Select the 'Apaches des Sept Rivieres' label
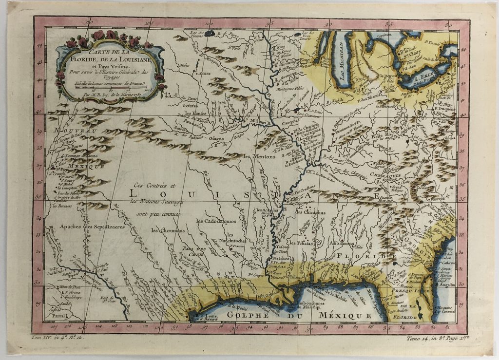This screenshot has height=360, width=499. click(x=92, y=227)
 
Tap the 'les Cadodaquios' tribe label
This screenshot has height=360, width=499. click(x=216, y=221)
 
